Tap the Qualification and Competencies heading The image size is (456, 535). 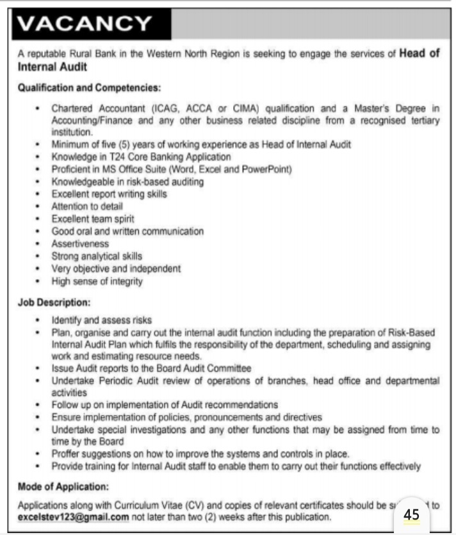click(89, 87)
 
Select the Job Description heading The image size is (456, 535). click(54, 301)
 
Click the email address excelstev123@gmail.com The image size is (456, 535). click(74, 516)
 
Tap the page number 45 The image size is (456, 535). click(412, 514)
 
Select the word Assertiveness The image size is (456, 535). click(80, 244)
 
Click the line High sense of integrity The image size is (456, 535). click(97, 281)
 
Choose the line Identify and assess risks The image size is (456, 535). click(102, 319)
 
